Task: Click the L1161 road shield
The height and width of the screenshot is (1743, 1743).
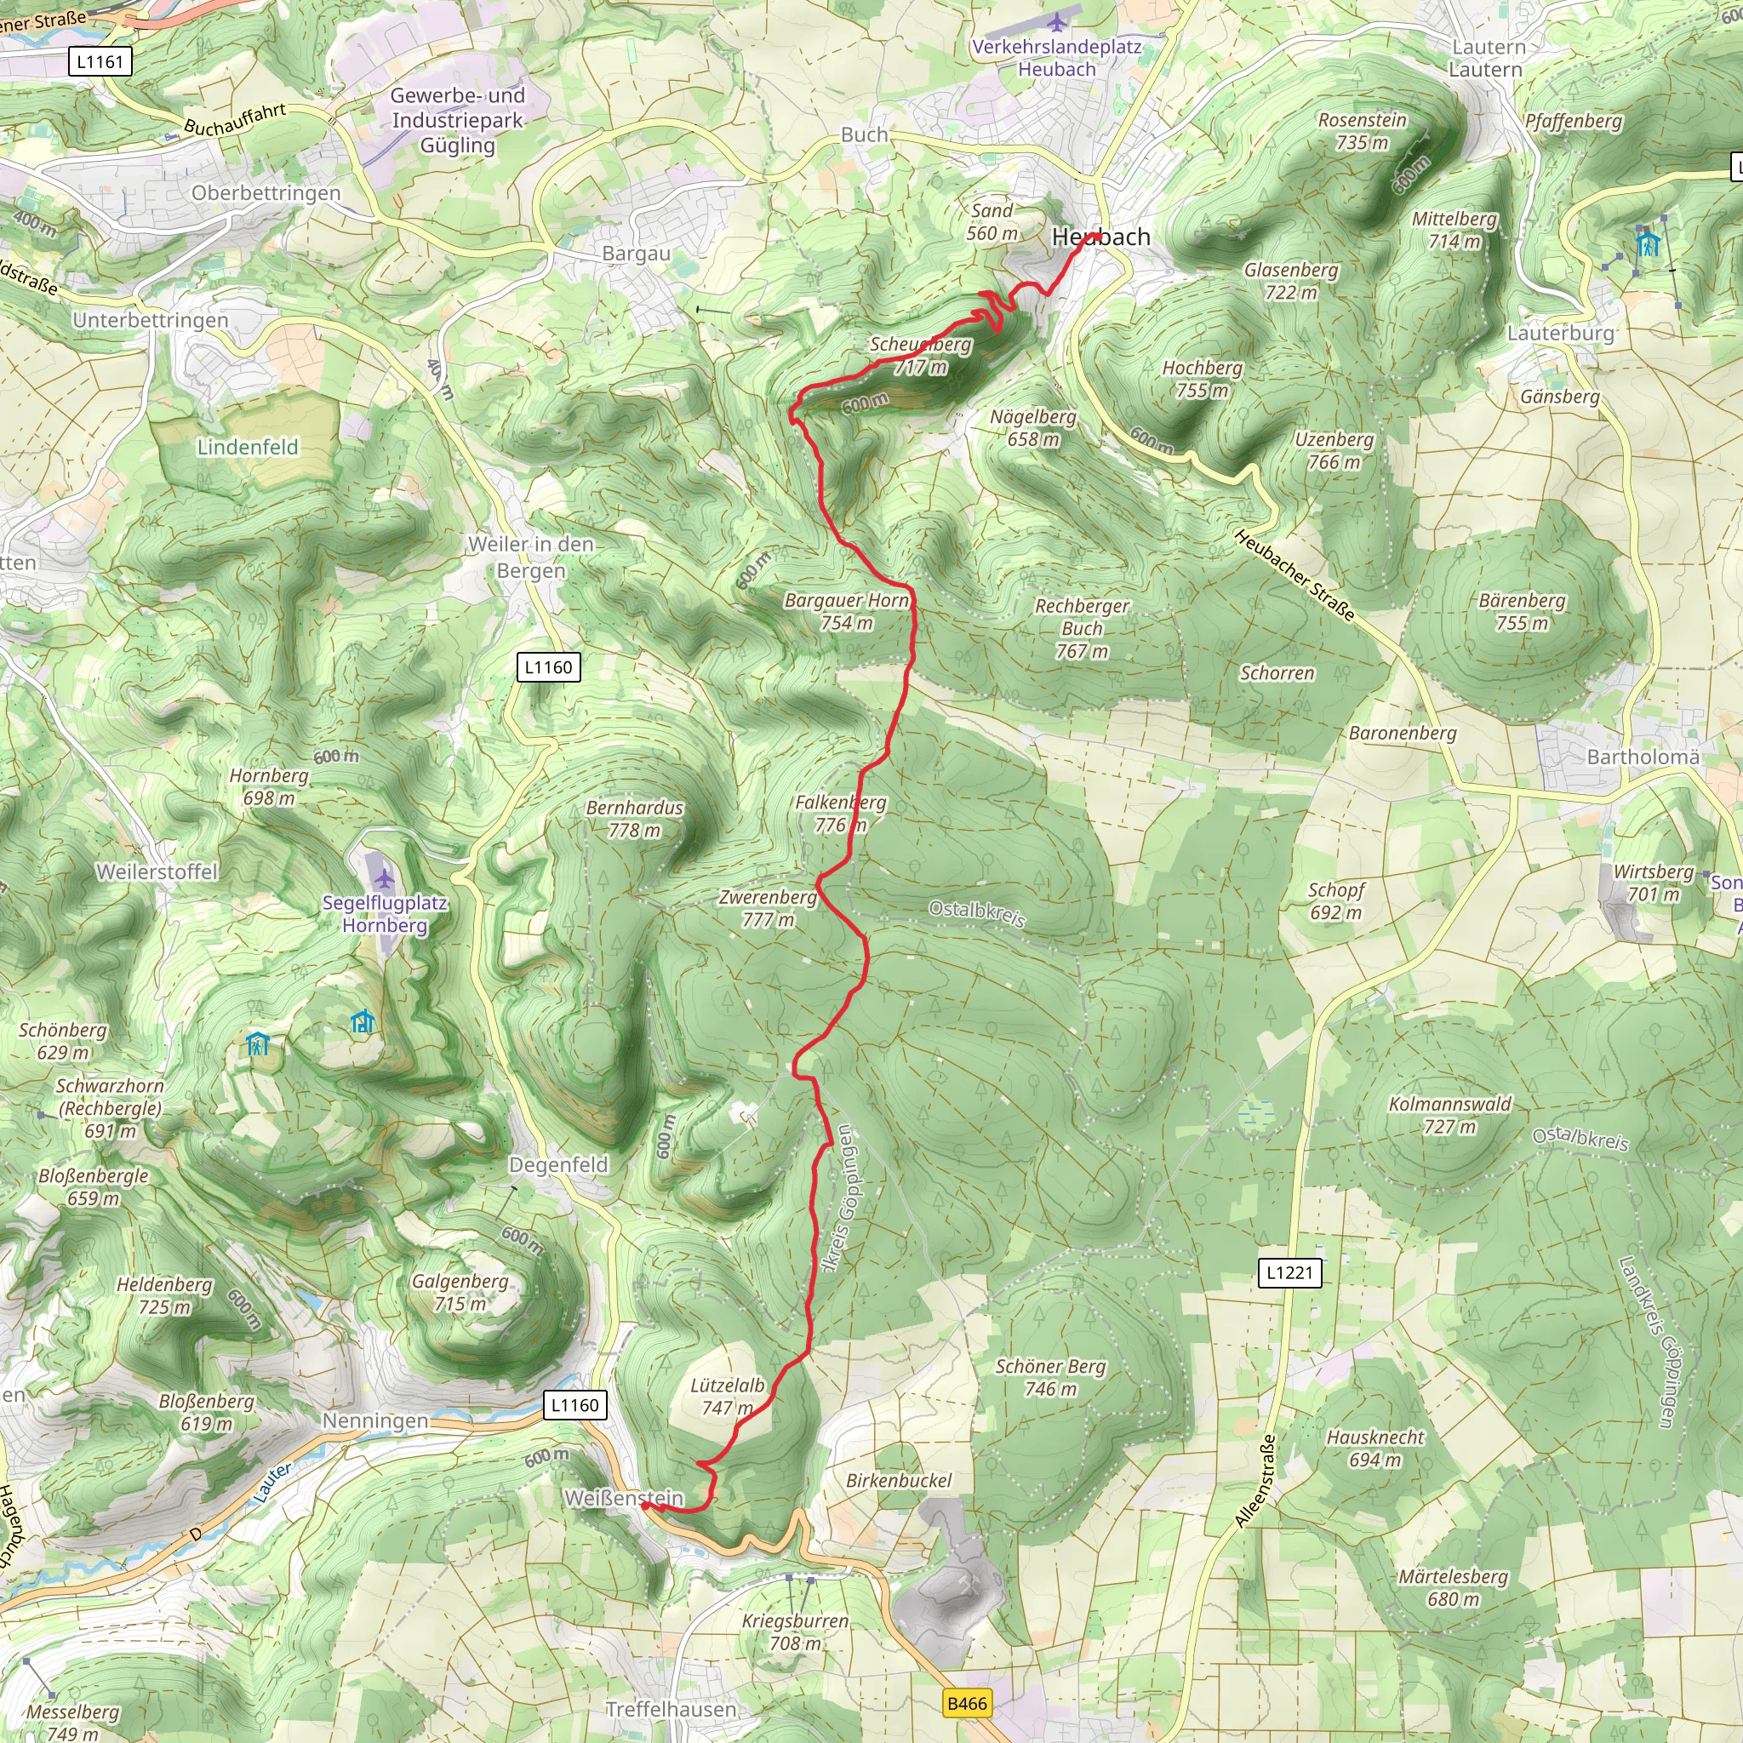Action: [x=100, y=61]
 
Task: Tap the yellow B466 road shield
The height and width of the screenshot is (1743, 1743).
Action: [x=967, y=1703]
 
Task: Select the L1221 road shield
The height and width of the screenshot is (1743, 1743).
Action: [x=1289, y=1272]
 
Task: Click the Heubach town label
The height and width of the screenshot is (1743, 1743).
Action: [x=1100, y=237]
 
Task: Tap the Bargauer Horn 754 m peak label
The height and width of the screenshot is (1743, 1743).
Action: [x=846, y=612]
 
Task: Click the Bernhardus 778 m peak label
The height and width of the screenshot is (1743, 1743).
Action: [x=634, y=818]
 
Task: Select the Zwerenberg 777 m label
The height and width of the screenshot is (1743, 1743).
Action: [x=768, y=908]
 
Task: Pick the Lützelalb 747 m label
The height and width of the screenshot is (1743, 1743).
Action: [x=727, y=1397]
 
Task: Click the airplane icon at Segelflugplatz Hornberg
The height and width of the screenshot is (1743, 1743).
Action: [x=385, y=878]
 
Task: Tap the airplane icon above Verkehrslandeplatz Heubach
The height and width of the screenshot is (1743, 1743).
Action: [x=1057, y=20]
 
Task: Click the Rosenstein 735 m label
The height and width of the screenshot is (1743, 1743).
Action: [x=1363, y=131]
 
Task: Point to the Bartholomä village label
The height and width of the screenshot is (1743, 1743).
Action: [x=1642, y=757]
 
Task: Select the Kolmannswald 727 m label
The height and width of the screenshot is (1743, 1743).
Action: [x=1449, y=1115]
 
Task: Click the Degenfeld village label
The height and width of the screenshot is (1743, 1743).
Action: [x=558, y=1165]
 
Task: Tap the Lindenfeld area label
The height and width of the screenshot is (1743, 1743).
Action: [x=247, y=447]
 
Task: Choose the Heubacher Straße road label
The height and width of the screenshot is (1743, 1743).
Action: [x=1294, y=575]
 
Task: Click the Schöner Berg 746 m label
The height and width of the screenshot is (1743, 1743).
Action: [x=1050, y=1378]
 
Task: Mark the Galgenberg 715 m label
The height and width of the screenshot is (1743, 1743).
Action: [x=460, y=1292]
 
